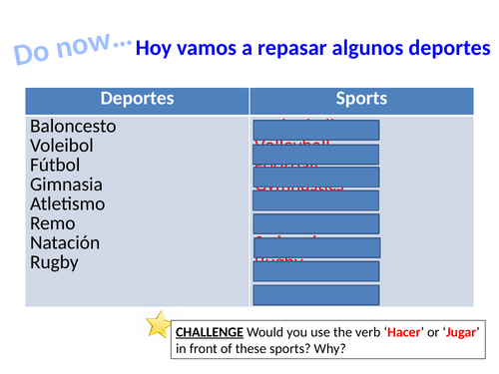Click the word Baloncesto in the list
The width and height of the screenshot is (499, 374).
click(x=73, y=127)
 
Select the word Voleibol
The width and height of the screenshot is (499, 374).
click(x=62, y=146)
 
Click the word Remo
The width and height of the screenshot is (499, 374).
click(x=51, y=223)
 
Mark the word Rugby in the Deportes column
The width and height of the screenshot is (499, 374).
click(x=54, y=263)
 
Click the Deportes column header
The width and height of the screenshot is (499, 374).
click(x=137, y=99)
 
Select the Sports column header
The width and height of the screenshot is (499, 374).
click(x=361, y=99)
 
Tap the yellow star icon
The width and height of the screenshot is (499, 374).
click(x=158, y=324)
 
